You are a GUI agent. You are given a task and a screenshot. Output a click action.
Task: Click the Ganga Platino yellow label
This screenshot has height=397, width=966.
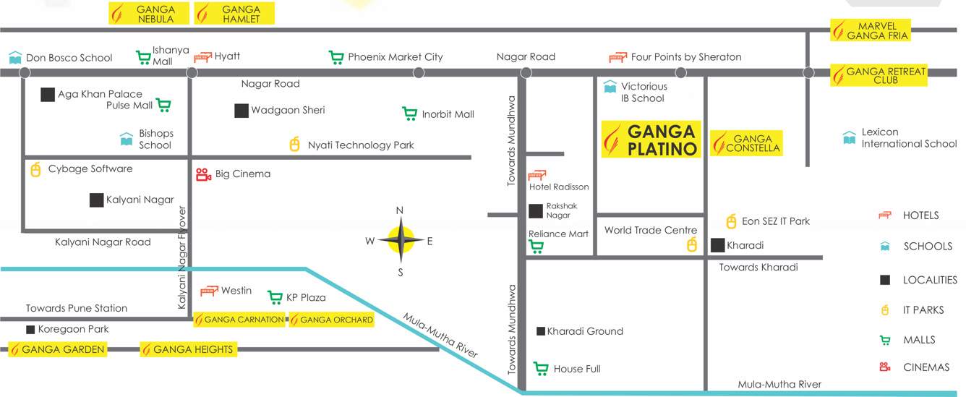point(651,140)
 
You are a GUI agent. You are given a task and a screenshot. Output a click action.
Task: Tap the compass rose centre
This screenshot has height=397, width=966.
point(400,241)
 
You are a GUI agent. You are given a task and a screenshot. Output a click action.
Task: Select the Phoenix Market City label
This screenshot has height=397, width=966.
point(395,57)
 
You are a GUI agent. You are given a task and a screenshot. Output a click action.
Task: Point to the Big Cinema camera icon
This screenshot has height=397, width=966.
point(203,174)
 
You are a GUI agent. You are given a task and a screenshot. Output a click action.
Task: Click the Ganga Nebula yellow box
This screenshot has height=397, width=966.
point(149,14)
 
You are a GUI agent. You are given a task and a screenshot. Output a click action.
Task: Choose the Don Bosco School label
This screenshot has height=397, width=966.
point(69,58)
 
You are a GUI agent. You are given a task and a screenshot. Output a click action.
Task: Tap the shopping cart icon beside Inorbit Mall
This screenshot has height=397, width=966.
point(410,114)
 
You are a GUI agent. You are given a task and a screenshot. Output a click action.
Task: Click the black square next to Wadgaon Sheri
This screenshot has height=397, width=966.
point(241,111)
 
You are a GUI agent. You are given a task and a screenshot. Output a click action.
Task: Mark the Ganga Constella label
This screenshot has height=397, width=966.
point(747,143)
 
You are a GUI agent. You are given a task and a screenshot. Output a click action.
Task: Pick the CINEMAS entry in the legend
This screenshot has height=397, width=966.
point(926,367)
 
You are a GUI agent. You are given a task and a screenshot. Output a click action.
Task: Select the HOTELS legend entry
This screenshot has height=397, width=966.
point(920,215)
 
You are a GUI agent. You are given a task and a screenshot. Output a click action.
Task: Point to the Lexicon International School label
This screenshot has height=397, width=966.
point(908,138)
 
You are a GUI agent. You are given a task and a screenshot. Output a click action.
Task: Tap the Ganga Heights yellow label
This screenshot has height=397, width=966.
point(188,349)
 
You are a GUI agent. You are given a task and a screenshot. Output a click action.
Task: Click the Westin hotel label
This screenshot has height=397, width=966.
point(236,291)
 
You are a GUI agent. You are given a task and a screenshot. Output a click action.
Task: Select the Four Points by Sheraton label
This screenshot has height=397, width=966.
point(685,57)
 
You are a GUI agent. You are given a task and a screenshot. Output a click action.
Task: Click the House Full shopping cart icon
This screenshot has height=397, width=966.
point(540,369)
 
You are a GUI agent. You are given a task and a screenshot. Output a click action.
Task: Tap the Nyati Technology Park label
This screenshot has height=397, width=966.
point(361,145)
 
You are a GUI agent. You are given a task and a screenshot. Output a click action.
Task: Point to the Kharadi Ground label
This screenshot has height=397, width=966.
point(584,331)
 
